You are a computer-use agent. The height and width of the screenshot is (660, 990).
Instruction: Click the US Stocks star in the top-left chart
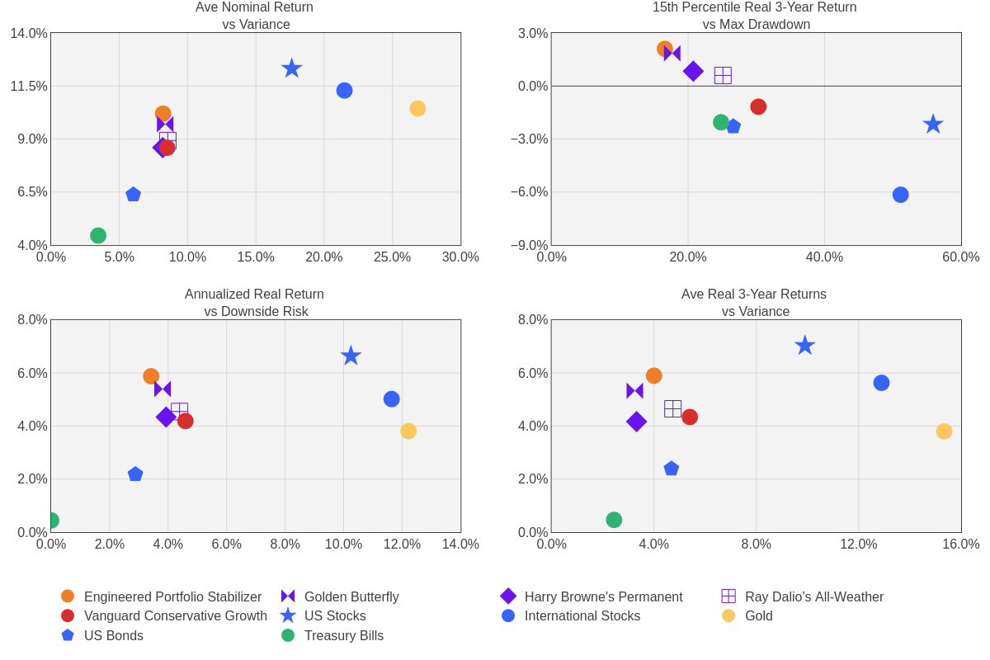pyautogui.click(x=292, y=68)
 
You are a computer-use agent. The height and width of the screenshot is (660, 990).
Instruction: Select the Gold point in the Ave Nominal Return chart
pyautogui.click(x=417, y=109)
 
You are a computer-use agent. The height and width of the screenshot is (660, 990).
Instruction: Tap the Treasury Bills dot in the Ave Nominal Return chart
pyautogui.click(x=98, y=236)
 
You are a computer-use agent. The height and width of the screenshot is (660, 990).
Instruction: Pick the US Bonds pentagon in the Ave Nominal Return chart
pyautogui.click(x=134, y=194)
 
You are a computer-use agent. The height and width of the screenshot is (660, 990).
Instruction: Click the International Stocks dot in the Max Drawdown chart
pyautogui.click(x=900, y=195)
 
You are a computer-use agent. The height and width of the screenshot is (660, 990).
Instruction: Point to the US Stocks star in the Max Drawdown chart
pyautogui.click(x=933, y=125)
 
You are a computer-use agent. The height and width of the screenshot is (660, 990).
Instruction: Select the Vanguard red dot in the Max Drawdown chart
pyautogui.click(x=758, y=106)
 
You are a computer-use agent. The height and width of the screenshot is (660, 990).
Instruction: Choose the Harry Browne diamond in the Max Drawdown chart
pyautogui.click(x=693, y=71)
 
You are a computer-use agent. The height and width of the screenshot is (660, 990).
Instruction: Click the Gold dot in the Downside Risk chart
pyautogui.click(x=408, y=431)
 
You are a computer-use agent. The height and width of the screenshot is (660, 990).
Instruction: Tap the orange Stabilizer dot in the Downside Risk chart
pyautogui.click(x=151, y=376)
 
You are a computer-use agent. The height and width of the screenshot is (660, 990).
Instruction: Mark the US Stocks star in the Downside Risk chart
pyautogui.click(x=351, y=356)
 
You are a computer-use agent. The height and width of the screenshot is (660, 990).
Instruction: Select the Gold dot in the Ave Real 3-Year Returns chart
pyautogui.click(x=944, y=431)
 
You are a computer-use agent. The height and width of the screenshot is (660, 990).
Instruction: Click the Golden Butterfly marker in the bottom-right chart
pyautogui.click(x=634, y=391)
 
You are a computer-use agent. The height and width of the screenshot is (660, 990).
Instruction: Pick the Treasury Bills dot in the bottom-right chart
pyautogui.click(x=614, y=520)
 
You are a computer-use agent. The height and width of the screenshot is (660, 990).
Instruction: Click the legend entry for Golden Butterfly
pyautogui.click(x=351, y=596)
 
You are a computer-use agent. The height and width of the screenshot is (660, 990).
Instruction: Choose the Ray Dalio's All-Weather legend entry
pyautogui.click(x=813, y=596)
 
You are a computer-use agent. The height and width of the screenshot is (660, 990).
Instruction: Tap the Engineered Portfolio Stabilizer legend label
pyautogui.click(x=172, y=596)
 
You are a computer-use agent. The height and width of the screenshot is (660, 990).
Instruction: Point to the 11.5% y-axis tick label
pyautogui.click(x=29, y=87)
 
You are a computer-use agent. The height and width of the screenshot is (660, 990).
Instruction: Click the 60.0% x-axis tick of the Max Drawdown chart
pyautogui.click(x=960, y=257)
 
